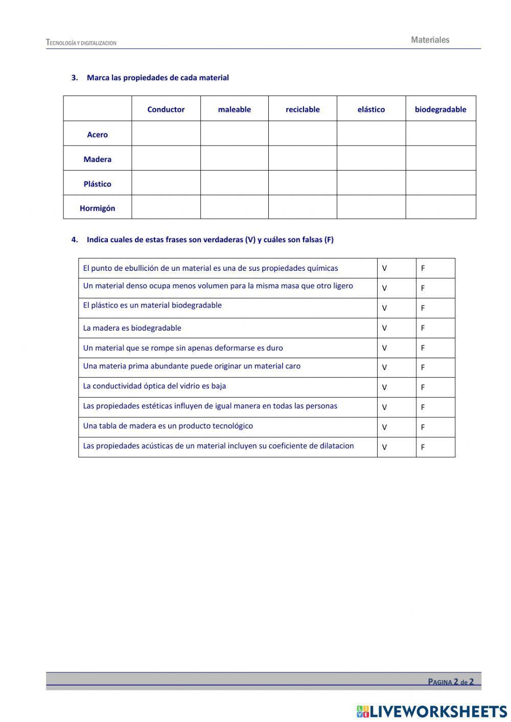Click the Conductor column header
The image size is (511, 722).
click(166, 109)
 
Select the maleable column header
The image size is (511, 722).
click(234, 109)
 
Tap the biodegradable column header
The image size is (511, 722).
click(440, 109)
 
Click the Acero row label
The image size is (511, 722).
click(97, 135)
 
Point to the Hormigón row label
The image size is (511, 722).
click(97, 208)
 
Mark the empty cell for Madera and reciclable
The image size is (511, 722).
click(303, 158)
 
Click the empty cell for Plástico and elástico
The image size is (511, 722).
click(371, 183)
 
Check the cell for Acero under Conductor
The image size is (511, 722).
click(166, 134)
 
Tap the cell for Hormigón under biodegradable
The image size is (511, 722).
click(440, 207)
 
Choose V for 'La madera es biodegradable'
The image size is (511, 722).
click(384, 328)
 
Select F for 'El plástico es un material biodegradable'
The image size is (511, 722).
click(423, 308)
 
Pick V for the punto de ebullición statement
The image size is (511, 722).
click(384, 268)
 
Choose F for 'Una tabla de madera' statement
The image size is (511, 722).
click(423, 427)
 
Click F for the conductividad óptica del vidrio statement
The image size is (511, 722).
click(423, 387)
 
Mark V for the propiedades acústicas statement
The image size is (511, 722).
click(384, 447)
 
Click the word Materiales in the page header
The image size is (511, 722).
click(430, 40)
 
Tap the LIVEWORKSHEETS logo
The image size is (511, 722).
click(432, 711)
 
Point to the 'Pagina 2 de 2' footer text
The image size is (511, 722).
click(451, 682)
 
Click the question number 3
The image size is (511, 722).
click(75, 78)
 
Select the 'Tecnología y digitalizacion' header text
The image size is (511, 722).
click(81, 43)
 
